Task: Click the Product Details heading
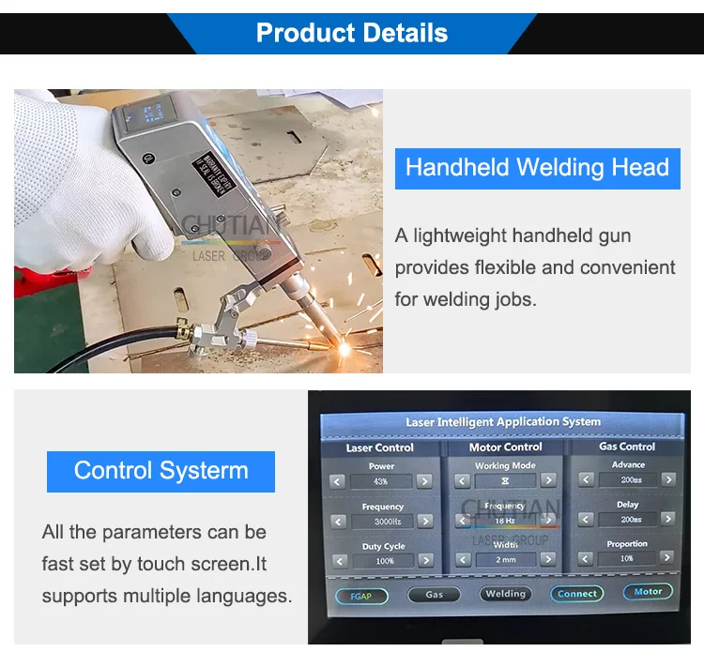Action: point(351,33)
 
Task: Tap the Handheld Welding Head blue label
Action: point(537,168)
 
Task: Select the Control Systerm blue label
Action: point(161,471)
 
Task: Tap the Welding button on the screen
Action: point(505,594)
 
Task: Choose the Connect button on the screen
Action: point(576,594)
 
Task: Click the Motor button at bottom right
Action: point(648,592)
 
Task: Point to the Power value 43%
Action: point(379,481)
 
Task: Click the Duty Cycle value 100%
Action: point(384,561)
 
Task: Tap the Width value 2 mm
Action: point(505,559)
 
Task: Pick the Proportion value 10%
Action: point(627,558)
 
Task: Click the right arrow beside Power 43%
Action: point(424,481)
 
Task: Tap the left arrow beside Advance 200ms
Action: point(587,479)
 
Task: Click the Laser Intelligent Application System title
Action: point(503,422)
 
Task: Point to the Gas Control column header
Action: point(627,447)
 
